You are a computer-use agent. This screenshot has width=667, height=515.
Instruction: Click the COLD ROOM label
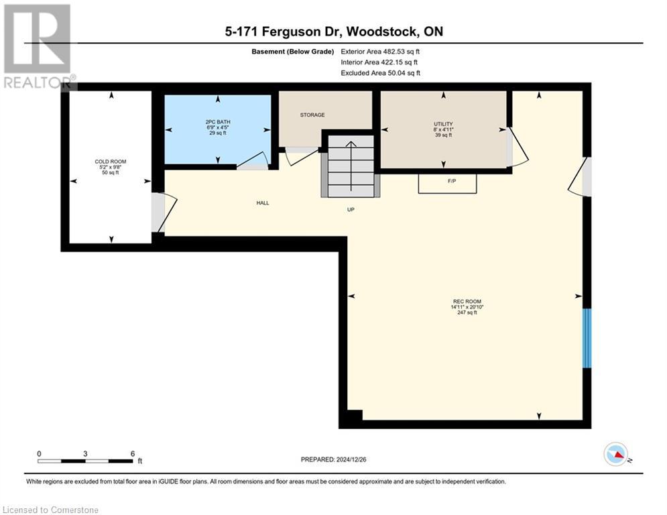(x=111, y=162)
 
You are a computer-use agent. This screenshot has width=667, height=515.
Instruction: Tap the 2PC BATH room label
(x=218, y=122)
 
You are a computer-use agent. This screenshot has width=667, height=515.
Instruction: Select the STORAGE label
(x=312, y=115)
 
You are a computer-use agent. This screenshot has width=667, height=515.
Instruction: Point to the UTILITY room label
(x=443, y=123)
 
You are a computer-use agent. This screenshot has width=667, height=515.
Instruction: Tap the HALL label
(x=262, y=203)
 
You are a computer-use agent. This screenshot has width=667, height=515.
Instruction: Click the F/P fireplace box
(x=448, y=183)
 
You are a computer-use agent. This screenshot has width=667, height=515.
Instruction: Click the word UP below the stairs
(x=350, y=210)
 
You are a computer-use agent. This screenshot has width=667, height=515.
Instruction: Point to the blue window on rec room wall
(x=587, y=338)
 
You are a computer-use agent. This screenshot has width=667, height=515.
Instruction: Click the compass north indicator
(x=617, y=455)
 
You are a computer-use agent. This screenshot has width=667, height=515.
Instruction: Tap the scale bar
(x=85, y=461)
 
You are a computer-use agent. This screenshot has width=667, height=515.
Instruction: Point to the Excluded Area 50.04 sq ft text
(x=380, y=72)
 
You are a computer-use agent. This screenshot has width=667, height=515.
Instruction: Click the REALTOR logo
(x=38, y=46)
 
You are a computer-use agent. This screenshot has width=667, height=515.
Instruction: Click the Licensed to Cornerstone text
(x=51, y=510)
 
